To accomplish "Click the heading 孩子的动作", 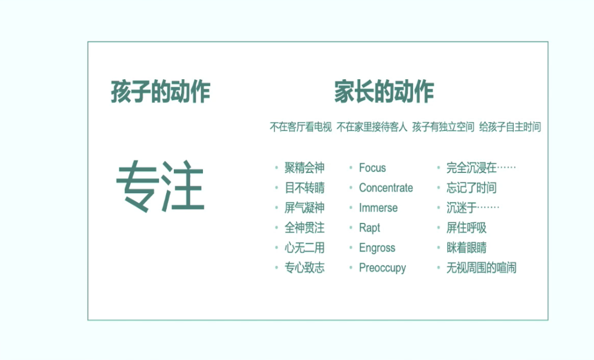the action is [161, 92].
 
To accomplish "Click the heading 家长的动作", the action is [384, 92].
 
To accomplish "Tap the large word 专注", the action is [160, 186].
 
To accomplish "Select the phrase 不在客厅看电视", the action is [301, 127].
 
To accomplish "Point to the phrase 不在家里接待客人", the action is [372, 127].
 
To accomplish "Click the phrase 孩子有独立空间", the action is [443, 127].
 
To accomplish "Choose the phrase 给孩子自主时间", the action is [510, 127].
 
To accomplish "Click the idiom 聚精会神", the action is [305, 167].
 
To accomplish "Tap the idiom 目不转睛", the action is [305, 188].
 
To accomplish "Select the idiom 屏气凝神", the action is [305, 208].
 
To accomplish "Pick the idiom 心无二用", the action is [305, 248].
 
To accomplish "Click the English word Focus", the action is [372, 168].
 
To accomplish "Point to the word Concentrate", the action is [386, 188].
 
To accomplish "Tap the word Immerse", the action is [378, 208].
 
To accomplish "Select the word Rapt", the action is [370, 228].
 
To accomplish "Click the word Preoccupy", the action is [382, 268].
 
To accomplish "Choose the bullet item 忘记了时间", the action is [471, 188].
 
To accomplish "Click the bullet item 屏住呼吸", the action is [466, 228].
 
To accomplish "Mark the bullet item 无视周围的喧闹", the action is [481, 268].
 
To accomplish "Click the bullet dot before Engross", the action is [351, 248].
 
